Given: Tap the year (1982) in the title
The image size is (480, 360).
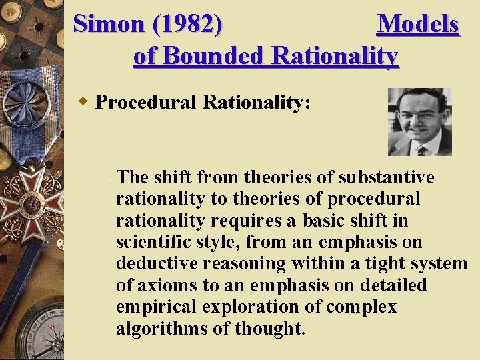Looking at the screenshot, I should click(187, 24).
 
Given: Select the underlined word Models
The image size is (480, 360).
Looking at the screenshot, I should click(418, 24).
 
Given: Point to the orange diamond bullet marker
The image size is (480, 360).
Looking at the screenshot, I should click(83, 102).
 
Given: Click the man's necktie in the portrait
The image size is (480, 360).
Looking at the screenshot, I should click(421, 149).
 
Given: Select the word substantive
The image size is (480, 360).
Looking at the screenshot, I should click(387, 178).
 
